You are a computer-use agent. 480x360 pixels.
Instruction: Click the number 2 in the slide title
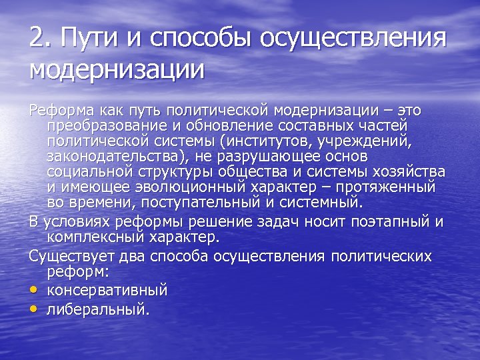[37, 37]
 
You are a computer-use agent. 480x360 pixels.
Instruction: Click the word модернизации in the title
[117, 69]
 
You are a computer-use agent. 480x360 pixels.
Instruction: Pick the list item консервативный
[107, 291]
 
